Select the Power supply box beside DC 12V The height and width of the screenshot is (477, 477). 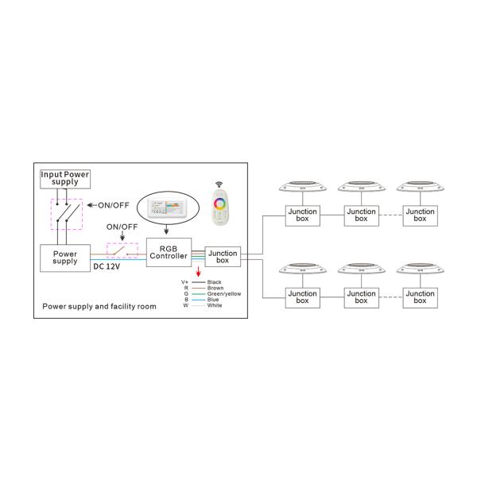tap(64, 258)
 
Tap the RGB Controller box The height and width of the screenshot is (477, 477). tap(169, 253)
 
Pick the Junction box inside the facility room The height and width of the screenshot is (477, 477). tap(222, 257)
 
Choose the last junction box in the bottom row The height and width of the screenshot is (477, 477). tap(420, 297)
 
